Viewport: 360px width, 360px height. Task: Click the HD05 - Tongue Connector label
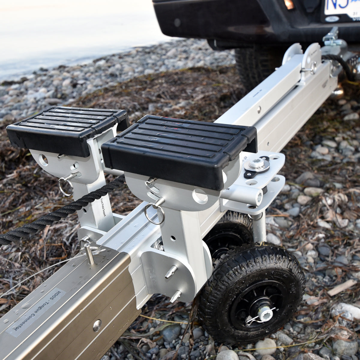click(x=36, y=312)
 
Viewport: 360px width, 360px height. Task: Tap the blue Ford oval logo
click(x=332, y=19)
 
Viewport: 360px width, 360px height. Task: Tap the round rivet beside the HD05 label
click(x=97, y=325)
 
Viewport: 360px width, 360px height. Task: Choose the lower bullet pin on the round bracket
click(x=175, y=296)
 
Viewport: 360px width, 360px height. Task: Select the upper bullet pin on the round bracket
click(x=171, y=272)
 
